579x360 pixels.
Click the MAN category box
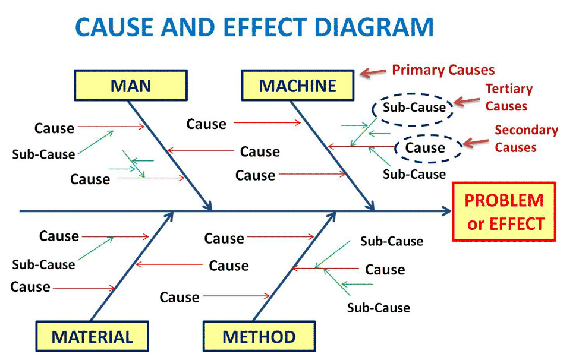[130, 85]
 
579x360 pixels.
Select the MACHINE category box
[297, 85]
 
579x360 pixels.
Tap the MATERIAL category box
[92, 337]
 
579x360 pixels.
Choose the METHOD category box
[259, 337]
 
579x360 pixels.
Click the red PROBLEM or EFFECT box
[504, 211]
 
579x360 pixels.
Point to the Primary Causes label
[443, 70]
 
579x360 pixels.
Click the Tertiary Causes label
[509, 97]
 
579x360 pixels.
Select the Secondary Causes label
[526, 138]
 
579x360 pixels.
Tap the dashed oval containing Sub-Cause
[413, 108]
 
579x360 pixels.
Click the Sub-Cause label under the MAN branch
[43, 154]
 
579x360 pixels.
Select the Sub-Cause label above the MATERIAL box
[43, 264]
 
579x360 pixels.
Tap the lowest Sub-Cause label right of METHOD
[378, 308]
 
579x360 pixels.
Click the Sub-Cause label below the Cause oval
[414, 174]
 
